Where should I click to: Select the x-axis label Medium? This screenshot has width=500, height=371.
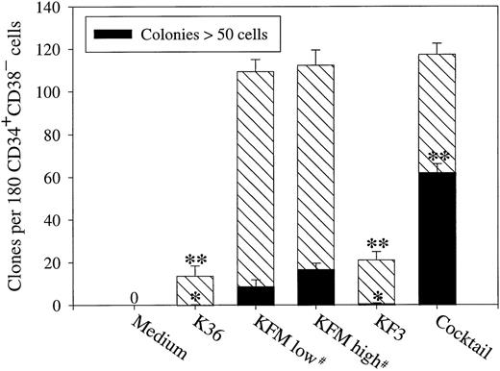(116, 333)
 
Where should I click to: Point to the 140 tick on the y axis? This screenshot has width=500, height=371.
(58, 8)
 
